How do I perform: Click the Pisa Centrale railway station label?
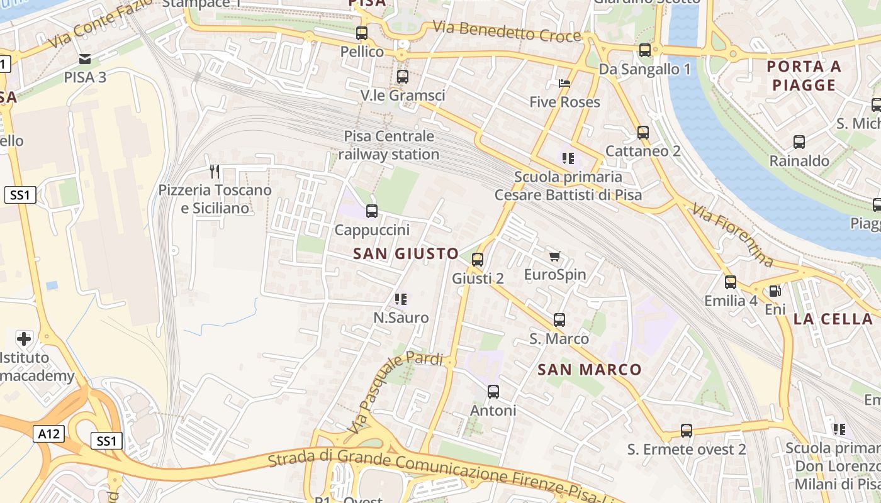[389, 145]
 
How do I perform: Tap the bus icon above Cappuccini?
[372, 211]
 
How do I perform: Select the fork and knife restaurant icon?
[215, 171]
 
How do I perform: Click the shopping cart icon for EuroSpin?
[554, 256]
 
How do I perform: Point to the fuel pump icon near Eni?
[775, 291]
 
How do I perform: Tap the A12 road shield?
[49, 433]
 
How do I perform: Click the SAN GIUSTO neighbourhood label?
[406, 254]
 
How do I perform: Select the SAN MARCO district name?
[590, 370]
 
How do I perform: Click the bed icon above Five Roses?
[564, 84]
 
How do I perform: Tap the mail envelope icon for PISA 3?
[85, 60]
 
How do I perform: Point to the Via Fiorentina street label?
[732, 234]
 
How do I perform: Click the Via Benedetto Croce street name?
[507, 31]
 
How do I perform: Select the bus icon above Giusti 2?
[478, 259]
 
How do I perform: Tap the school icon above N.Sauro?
[401, 299]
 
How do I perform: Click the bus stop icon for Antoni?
[493, 392]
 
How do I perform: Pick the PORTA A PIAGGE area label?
[804, 75]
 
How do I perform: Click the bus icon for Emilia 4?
[731, 282]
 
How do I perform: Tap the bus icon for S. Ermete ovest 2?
[687, 431]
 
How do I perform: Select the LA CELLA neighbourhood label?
[833, 319]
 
